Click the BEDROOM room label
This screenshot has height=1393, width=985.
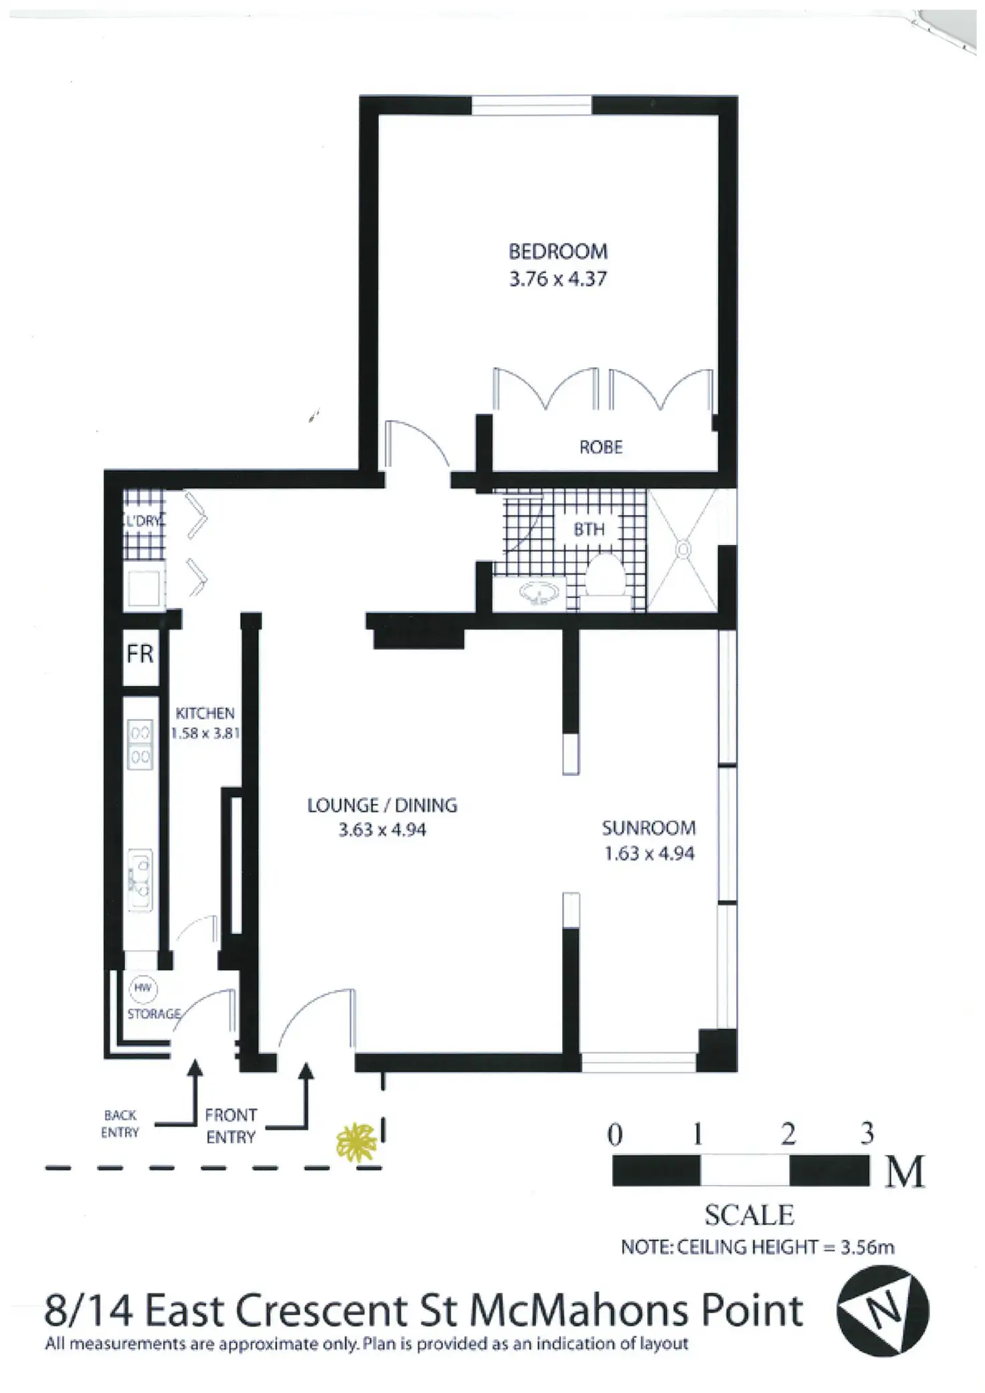point(558,251)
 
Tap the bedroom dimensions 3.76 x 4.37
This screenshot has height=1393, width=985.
point(558,278)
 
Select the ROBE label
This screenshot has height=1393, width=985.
point(600,447)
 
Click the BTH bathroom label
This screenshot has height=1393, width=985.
point(589,530)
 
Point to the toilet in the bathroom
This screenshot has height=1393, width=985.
point(605,575)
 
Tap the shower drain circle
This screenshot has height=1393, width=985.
point(683,550)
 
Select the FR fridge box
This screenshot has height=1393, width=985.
point(141,654)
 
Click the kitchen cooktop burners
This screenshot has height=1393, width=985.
point(141,744)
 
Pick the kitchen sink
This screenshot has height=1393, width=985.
point(141,881)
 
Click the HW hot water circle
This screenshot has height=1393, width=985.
point(143,988)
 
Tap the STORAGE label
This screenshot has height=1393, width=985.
point(155,1014)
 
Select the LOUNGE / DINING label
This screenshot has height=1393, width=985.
point(382,805)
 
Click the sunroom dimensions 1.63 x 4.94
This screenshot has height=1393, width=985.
point(649,854)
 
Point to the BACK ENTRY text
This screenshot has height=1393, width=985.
point(120,1123)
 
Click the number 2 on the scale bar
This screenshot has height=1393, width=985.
point(788,1134)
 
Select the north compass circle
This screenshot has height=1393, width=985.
point(883,1311)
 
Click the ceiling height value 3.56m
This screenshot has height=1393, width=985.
point(867,1247)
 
